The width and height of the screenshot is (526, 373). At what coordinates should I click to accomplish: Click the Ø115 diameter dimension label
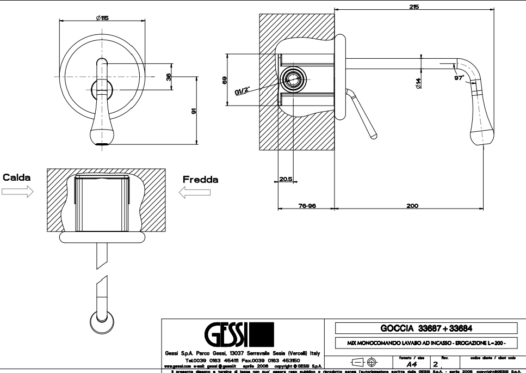click(x=102, y=18)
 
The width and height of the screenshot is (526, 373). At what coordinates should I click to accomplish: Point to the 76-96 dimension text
click(x=307, y=206)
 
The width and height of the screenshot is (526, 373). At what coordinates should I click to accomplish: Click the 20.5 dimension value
click(x=286, y=179)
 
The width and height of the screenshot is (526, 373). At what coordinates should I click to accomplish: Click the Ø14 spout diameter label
click(x=418, y=83)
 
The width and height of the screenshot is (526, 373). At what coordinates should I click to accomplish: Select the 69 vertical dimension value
click(x=224, y=80)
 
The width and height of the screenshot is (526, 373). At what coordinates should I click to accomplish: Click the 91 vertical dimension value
click(x=193, y=111)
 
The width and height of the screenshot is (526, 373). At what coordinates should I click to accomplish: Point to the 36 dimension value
click(x=169, y=77)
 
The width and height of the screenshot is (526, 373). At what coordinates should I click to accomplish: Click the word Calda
click(x=17, y=178)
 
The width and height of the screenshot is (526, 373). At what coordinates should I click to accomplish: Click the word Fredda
click(x=200, y=179)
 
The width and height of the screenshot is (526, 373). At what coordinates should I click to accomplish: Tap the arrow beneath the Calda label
click(x=17, y=191)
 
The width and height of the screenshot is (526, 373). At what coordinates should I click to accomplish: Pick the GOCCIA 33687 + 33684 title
click(x=425, y=328)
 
